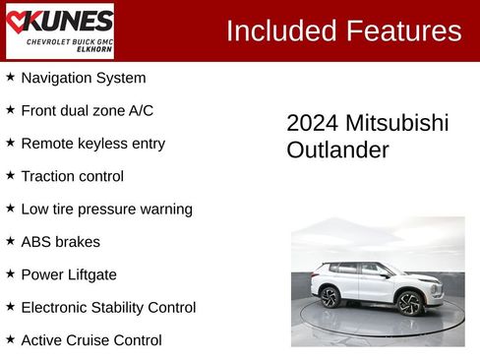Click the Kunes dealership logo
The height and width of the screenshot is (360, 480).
(59, 30)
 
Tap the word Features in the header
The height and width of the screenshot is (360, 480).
(402, 30)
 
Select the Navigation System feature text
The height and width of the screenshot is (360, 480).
(83, 78)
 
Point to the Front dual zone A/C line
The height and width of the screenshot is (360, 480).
(87, 110)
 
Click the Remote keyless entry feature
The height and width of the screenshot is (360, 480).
(92, 144)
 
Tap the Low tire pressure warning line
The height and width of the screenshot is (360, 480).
(106, 209)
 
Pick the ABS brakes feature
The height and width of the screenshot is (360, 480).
(60, 242)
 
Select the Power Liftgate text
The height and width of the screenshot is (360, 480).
(68, 274)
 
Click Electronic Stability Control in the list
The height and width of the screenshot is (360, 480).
(108, 308)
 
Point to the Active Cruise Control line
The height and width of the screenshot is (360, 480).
(90, 340)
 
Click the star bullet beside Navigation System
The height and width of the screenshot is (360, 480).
(11, 77)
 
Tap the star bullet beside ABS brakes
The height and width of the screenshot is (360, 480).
(11, 241)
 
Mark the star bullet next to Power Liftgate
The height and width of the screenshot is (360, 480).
(11, 273)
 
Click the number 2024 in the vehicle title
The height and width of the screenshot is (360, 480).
(312, 123)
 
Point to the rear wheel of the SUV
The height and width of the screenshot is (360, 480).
(330, 296)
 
